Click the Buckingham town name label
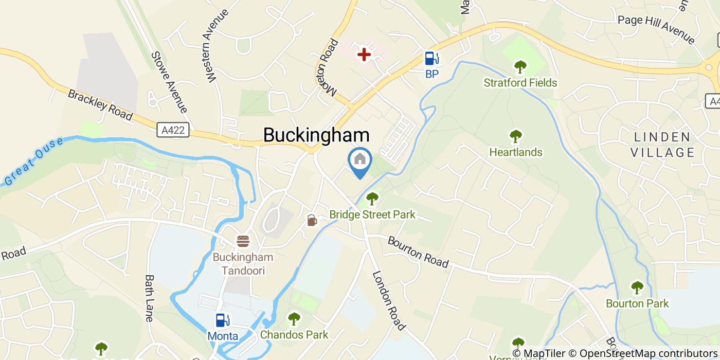[x=316, y=135]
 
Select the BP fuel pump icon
[x=431, y=59]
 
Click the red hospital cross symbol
[x=364, y=54]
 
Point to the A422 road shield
[x=172, y=130]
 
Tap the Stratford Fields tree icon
[x=520, y=67]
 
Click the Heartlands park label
[x=515, y=152]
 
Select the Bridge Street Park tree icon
[x=372, y=199]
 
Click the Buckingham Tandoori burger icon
[x=243, y=241]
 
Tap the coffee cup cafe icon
[x=312, y=221]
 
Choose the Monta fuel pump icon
[x=223, y=320]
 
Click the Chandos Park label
[x=294, y=335]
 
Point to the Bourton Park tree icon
[x=637, y=288]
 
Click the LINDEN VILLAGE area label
[x=662, y=145]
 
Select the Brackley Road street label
[x=100, y=105]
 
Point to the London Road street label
[x=389, y=301]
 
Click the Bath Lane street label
[x=150, y=298]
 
